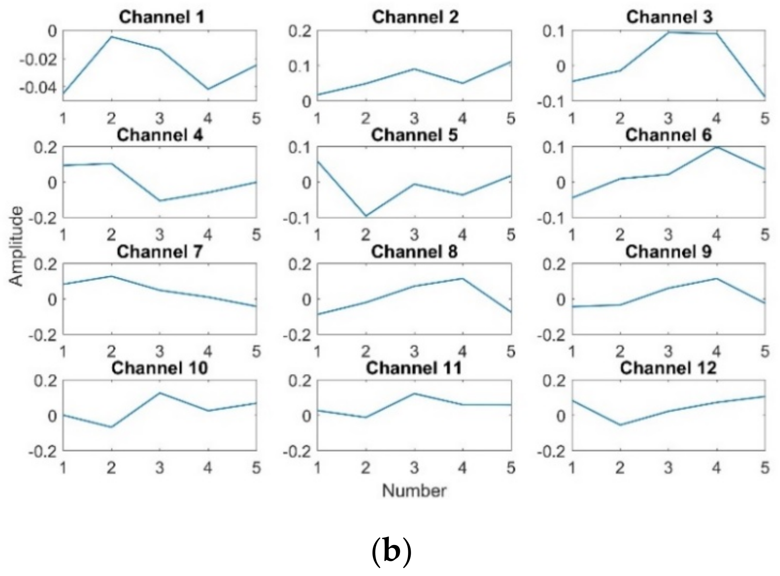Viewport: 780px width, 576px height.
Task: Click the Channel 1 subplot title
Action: [x=162, y=17]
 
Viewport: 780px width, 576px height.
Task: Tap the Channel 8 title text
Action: [x=414, y=252]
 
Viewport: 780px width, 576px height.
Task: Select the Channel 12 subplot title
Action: [x=668, y=368]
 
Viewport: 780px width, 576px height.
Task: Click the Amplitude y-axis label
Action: [x=16, y=246]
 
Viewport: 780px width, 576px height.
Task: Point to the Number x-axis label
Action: [x=414, y=491]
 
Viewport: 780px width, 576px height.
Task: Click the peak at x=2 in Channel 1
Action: [x=112, y=37]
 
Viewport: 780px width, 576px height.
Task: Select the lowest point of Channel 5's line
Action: [x=366, y=216]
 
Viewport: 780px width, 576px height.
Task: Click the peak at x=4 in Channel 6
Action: [x=717, y=147]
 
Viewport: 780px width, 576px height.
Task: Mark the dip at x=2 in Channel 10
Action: [x=112, y=427]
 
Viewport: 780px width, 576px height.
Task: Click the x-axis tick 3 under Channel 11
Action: [x=414, y=468]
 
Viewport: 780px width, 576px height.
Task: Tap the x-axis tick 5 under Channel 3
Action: [x=765, y=118]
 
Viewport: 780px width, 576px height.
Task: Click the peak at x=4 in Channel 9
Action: [x=717, y=279]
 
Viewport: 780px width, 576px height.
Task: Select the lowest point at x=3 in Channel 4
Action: [x=160, y=200]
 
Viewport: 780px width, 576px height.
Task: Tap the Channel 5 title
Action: [x=414, y=135]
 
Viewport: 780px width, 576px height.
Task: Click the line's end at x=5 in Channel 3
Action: [x=764, y=96]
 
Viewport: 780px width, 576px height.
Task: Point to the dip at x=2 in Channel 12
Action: [x=620, y=425]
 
